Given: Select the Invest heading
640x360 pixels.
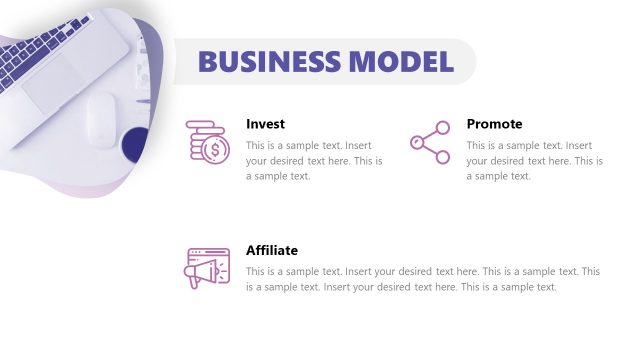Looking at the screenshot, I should (265, 124).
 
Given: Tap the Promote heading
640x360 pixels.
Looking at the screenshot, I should (494, 124).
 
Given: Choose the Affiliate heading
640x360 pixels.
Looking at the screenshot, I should (272, 250).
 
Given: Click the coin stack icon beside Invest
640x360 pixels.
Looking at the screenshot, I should (207, 141).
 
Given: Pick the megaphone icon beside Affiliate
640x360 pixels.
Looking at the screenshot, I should (207, 268).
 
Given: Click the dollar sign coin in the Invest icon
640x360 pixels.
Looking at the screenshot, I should (213, 151).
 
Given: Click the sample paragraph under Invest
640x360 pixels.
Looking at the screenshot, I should (313, 160).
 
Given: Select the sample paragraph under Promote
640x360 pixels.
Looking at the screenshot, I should (534, 160).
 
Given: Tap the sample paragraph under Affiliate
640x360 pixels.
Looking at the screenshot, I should (422, 279).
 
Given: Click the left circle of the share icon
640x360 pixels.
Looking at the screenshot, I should (416, 142).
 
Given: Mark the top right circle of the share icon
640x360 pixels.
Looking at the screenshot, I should (443, 128).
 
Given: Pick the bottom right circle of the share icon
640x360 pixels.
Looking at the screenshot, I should (443, 156).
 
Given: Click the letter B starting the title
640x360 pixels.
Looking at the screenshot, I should (207, 61).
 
